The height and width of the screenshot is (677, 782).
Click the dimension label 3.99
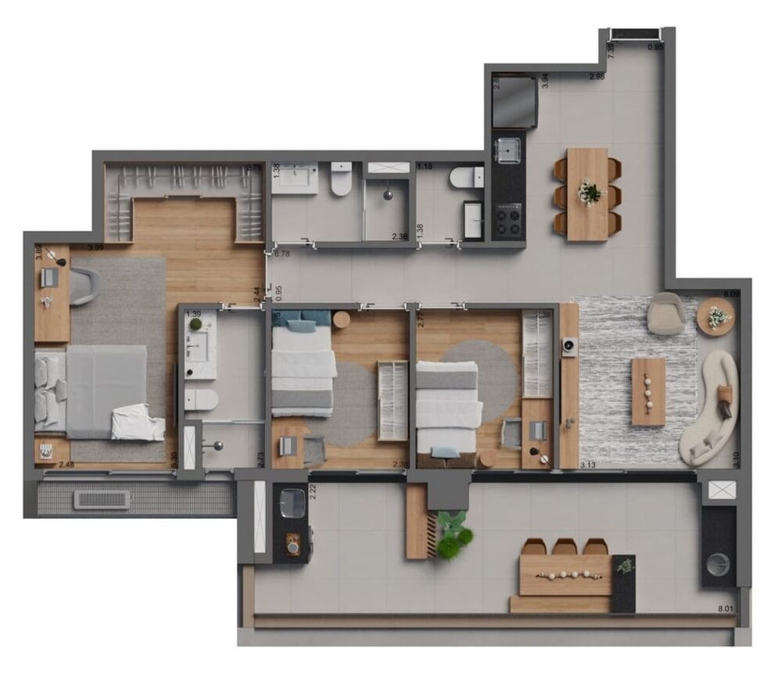[x=96, y=247]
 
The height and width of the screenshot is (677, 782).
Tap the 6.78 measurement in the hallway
[x=282, y=254]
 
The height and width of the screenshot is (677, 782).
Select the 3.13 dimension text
[x=589, y=465]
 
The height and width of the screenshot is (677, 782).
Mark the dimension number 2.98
[x=597, y=76]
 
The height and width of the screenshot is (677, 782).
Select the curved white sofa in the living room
[x=710, y=407]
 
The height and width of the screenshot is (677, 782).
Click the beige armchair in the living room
[x=667, y=312]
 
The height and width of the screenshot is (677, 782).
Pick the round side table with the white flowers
[x=716, y=317]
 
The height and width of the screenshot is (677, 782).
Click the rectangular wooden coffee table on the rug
[x=648, y=391]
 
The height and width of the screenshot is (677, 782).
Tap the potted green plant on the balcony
[x=453, y=535]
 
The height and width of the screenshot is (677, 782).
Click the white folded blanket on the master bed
[x=138, y=423]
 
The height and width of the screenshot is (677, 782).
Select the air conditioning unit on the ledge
[x=102, y=499]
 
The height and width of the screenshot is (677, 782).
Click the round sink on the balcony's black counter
[x=718, y=563]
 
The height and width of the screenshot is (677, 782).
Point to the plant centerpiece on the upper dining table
[x=590, y=191]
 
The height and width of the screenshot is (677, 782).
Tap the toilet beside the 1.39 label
[x=201, y=399]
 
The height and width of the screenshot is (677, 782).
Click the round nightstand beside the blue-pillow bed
[x=341, y=319]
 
